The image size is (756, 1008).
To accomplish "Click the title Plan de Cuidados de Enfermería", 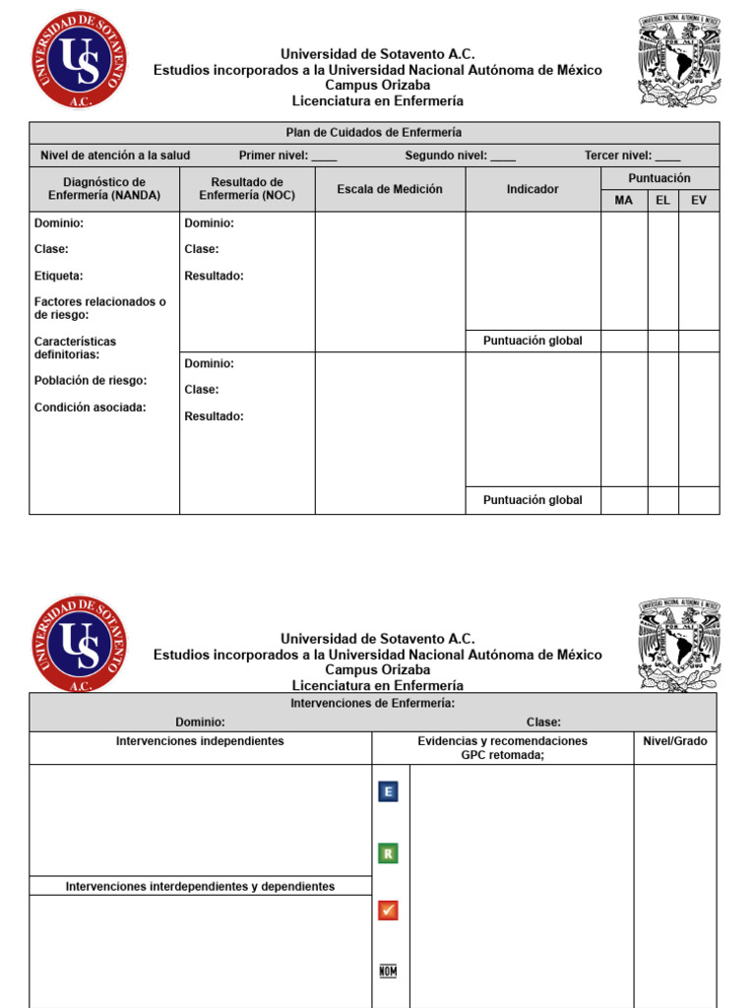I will click(373, 132).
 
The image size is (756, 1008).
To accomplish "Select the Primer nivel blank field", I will click(324, 156).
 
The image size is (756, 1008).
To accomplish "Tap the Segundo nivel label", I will click(446, 156).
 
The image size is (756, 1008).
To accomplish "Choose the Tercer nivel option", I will click(617, 156).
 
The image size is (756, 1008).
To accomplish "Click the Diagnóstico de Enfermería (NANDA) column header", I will click(104, 189).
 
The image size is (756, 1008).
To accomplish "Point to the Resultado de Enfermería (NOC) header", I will click(247, 189).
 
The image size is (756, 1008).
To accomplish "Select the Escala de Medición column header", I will click(390, 189).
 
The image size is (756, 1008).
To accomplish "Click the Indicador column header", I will click(533, 189).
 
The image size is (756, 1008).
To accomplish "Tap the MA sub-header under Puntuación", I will click(624, 201).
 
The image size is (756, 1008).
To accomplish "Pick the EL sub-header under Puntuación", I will click(662, 201).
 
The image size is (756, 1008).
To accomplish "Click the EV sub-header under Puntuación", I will click(699, 201).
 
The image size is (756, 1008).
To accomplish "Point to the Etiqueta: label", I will click(59, 277).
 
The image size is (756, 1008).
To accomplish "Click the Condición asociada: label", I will click(91, 408).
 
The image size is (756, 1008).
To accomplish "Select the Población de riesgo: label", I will click(91, 381).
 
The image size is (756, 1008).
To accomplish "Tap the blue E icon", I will click(389, 791).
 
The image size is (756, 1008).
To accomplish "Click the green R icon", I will click(389, 852).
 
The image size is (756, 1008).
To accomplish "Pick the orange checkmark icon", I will click(389, 911).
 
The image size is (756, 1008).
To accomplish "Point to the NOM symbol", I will click(389, 971).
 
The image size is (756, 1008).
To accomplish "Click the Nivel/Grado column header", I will click(675, 741).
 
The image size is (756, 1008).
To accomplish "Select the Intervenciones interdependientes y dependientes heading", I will click(200, 887).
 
